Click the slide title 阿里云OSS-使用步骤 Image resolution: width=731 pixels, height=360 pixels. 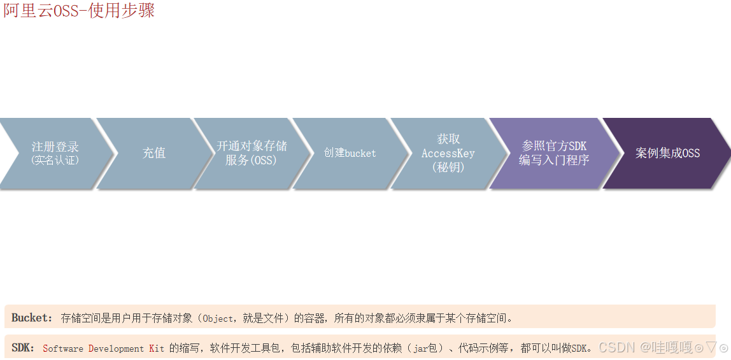point(79,11)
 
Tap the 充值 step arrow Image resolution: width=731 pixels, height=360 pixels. point(154,153)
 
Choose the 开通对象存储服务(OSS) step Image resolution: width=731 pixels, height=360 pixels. point(252,153)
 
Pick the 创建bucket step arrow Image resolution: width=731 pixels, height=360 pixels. point(350,153)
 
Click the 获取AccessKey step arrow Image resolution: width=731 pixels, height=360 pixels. point(448,153)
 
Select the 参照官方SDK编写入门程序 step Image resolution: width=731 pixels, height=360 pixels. point(553,153)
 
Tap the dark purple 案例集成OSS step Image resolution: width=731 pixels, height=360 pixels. point(667,153)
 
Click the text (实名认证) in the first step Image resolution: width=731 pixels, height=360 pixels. point(55,161)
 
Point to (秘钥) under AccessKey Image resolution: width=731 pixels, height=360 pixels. point(448,168)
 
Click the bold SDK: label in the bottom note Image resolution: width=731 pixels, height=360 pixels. point(24,348)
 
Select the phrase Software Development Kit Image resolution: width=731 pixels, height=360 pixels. point(103,349)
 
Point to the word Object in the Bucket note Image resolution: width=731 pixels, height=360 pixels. point(218,318)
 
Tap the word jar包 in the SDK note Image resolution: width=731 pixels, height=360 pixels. point(426,349)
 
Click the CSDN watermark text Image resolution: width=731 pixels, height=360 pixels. point(618,347)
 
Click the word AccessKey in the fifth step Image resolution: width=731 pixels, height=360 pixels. point(448,154)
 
